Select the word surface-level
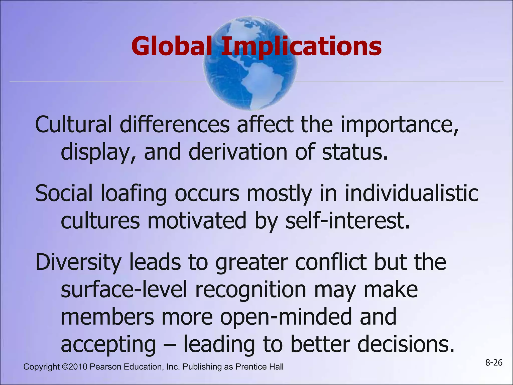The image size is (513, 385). (x=124, y=289)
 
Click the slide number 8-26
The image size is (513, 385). (x=494, y=363)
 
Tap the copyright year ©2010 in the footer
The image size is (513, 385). (x=74, y=367)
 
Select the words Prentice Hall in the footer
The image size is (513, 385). (x=260, y=367)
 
